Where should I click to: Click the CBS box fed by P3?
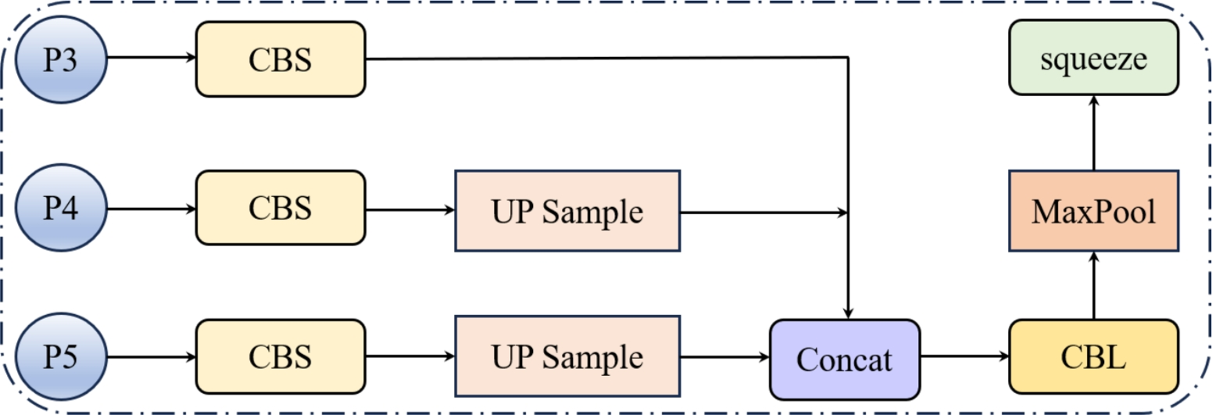tap(280, 59)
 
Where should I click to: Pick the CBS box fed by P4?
tap(280, 209)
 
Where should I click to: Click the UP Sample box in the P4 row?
tap(567, 210)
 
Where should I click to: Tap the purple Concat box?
tap(844, 359)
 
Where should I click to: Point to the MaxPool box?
tap(1093, 211)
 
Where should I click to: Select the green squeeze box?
tap(1093, 58)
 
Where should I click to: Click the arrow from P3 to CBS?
tap(151, 58)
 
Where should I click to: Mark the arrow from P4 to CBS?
tap(151, 209)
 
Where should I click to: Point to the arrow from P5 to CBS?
tap(151, 357)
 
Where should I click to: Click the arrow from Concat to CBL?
tap(964, 357)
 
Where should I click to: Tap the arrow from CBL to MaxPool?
tap(1093, 286)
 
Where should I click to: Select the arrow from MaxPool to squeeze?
tap(1093, 132)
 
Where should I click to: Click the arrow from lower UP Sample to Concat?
tap(724, 357)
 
